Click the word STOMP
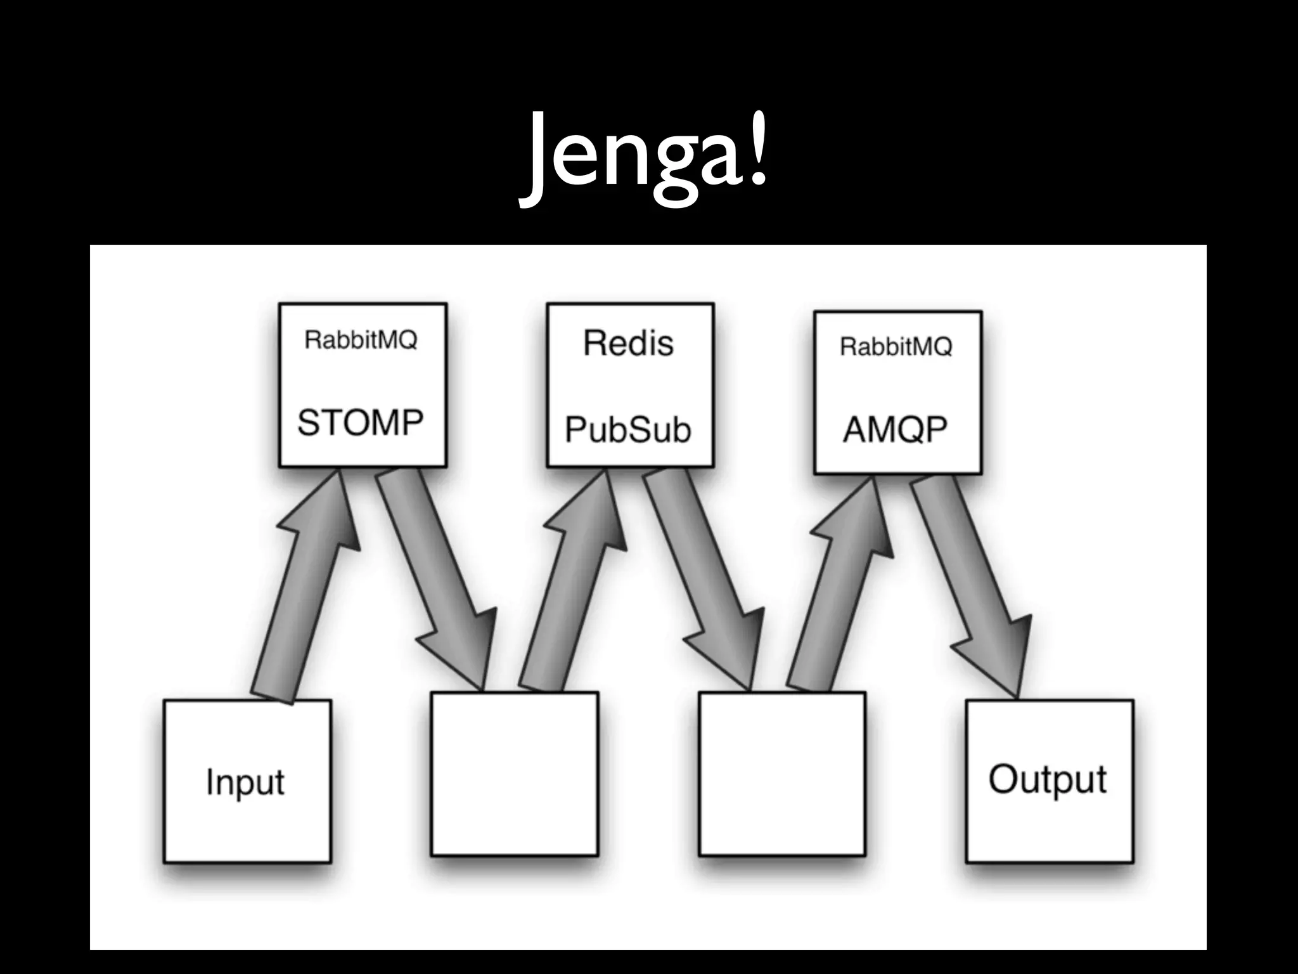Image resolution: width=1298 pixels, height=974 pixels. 360,422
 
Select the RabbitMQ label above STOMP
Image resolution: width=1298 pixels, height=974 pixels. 361,340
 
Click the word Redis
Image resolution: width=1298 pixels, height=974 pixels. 628,343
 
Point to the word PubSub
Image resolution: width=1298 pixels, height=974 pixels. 627,430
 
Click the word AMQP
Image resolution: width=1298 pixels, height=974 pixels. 895,430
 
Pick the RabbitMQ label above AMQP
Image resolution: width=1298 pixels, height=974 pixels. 896,347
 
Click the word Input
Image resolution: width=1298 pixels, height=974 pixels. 245,782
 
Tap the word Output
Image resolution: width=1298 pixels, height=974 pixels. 1047,779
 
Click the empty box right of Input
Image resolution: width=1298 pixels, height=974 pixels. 514,774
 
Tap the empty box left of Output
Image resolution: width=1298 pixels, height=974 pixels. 781,774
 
